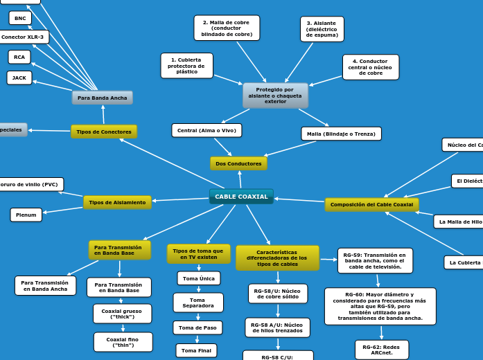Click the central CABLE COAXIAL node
point(241,197)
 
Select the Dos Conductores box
point(238,163)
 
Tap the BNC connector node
point(19,18)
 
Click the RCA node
point(19,57)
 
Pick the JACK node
point(19,78)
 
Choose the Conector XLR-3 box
point(23,37)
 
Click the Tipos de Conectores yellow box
point(104,132)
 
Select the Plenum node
point(26,215)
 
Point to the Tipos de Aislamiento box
point(117,202)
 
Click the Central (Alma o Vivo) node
point(207,130)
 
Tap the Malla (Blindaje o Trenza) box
point(341,134)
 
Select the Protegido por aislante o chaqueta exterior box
point(275,96)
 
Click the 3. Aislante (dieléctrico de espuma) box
point(322,29)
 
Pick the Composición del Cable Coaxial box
point(371,204)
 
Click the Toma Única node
point(198,278)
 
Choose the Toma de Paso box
point(197,327)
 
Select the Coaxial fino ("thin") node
point(123,342)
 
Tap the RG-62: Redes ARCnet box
point(381,349)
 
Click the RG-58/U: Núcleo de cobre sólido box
point(278,294)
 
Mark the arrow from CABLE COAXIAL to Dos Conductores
point(240,179)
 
